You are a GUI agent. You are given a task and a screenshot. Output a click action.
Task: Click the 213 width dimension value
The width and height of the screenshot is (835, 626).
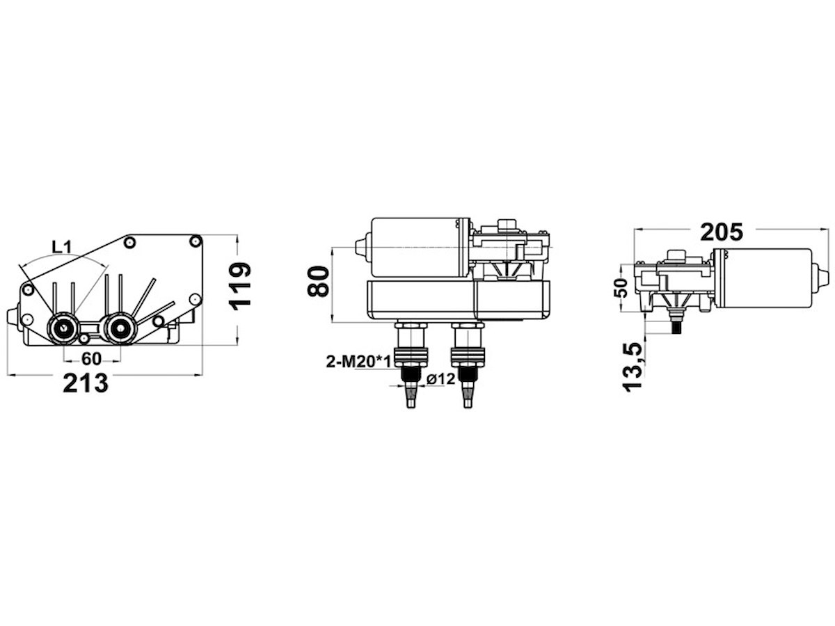coord(86,383)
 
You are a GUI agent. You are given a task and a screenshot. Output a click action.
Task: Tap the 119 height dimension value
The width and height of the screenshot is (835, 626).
coord(239,286)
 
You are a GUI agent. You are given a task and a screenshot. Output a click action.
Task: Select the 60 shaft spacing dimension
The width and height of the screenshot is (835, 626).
coord(92,358)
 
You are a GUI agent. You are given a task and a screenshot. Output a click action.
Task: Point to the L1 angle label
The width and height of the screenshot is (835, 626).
coord(62,248)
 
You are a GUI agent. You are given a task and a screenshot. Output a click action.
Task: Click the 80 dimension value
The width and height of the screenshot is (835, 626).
coord(318,282)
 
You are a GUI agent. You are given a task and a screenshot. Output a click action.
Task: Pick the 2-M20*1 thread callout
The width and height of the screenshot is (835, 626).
coord(358,362)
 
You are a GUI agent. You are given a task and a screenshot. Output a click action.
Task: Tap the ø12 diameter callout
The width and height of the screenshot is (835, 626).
coord(441,378)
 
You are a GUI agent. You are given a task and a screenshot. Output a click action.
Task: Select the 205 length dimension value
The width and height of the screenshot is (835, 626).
coord(722,232)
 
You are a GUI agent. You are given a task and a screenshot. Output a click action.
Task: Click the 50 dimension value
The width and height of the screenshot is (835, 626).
coord(620,288)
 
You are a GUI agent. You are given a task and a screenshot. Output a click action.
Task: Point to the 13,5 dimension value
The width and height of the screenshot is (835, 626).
coord(633,367)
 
